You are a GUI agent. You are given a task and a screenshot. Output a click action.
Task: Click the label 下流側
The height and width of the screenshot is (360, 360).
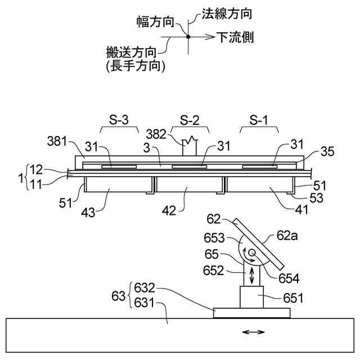point(235,38)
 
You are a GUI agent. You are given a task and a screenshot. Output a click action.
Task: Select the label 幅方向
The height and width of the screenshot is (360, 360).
point(154,22)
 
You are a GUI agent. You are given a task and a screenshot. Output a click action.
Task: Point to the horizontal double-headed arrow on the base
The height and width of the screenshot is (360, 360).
point(253,332)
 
